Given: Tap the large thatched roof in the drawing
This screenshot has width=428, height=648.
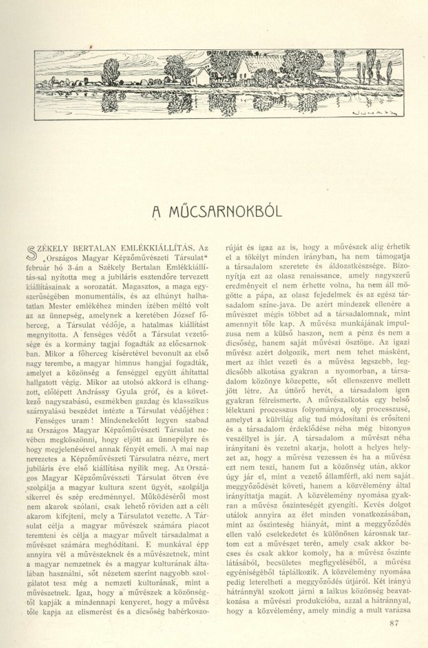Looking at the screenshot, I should coord(263,66).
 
